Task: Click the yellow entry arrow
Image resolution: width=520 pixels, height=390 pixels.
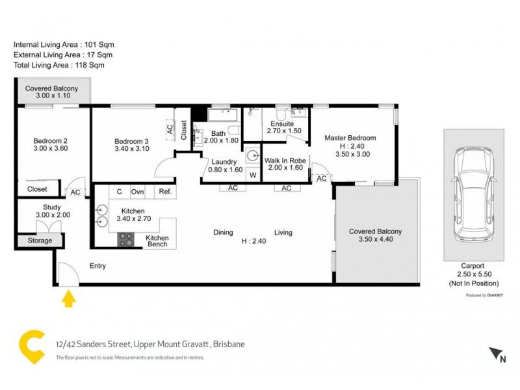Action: (x=68, y=298)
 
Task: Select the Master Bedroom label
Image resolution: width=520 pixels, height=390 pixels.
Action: (x=350, y=138)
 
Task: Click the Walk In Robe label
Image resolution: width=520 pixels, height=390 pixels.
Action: (x=285, y=160)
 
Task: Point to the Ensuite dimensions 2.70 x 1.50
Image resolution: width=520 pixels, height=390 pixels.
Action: (x=285, y=131)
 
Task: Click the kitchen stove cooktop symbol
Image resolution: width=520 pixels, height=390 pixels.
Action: (x=125, y=240)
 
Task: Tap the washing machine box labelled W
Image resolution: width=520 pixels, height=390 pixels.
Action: (x=253, y=175)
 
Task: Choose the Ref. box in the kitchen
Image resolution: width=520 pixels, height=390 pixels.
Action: (x=164, y=192)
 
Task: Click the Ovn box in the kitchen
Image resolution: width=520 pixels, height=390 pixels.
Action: (x=138, y=192)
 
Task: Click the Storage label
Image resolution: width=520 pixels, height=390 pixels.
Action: (x=40, y=240)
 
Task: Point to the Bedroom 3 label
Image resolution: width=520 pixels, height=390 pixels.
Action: (x=131, y=142)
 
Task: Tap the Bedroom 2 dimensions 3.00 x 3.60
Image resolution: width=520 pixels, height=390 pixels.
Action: (x=50, y=148)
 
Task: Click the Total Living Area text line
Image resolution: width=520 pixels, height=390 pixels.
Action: (x=58, y=65)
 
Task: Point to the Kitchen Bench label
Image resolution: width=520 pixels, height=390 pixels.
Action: (x=157, y=241)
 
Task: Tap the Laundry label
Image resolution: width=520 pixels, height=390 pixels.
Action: (x=224, y=162)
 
